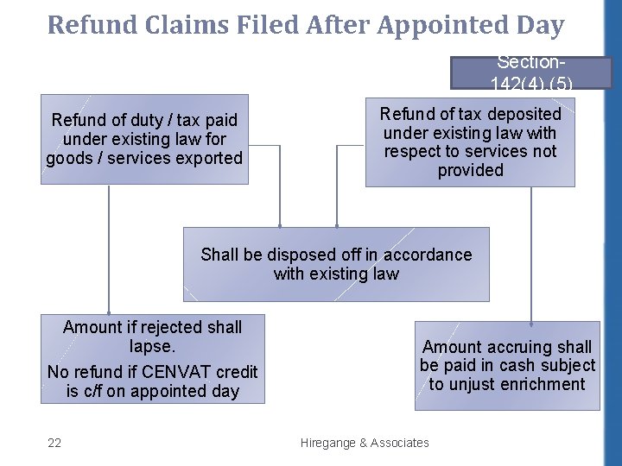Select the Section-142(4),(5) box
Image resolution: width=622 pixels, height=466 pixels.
[530, 73]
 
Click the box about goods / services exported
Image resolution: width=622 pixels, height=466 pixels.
[144, 139]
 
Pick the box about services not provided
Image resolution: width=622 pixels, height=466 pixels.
[470, 142]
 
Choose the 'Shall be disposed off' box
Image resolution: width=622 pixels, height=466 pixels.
[336, 264]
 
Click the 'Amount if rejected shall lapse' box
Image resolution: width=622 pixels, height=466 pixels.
[152, 359]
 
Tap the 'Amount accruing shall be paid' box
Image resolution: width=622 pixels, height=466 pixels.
[507, 365]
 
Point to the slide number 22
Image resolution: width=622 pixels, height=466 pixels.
[54, 443]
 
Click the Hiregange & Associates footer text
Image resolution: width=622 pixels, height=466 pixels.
[365, 443]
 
